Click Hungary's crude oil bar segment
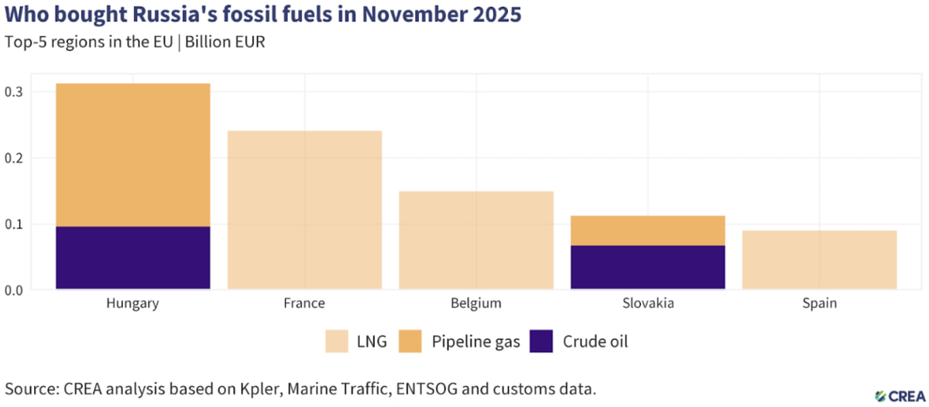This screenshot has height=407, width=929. [x=132, y=258]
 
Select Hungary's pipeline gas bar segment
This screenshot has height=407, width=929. [x=132, y=155]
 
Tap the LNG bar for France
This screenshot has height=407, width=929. [x=304, y=210]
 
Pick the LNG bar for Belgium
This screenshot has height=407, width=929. [x=476, y=240]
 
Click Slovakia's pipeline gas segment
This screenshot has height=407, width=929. [x=648, y=231]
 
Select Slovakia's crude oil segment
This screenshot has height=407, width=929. [x=648, y=268]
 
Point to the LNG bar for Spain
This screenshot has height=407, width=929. [x=819, y=260]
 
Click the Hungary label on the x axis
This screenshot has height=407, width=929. [x=132, y=303]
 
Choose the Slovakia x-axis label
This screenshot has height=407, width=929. [x=648, y=303]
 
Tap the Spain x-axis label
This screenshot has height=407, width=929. [x=819, y=303]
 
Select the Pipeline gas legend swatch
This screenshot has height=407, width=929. [x=410, y=341]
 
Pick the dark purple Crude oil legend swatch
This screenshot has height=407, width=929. [x=542, y=341]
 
